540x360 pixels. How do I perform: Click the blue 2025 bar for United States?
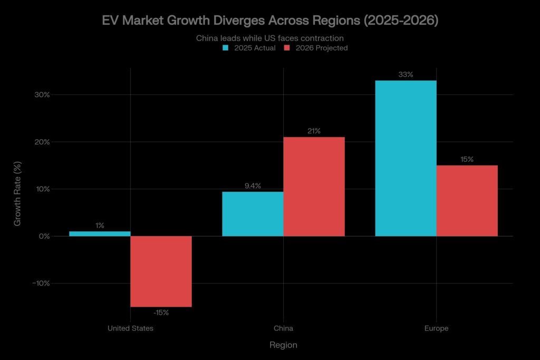click(100, 233)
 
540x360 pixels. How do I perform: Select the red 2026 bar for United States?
click(161, 271)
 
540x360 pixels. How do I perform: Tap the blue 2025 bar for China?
click(253, 213)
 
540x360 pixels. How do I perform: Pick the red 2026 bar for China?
click(314, 186)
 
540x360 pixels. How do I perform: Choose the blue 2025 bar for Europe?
click(406, 158)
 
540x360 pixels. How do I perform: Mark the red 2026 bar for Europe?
click(467, 200)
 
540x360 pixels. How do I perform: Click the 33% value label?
click(406, 75)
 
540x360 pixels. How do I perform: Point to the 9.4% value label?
click(252, 186)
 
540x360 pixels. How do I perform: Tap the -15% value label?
click(161, 313)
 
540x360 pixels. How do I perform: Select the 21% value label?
click(314, 131)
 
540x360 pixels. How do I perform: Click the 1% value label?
click(100, 226)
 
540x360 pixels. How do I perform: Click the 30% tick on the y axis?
click(43, 95)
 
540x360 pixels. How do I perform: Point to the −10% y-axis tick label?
click(41, 284)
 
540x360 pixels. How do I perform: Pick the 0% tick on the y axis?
click(44, 236)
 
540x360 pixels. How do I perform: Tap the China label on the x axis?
click(283, 328)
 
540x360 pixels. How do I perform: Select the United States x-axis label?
click(130, 328)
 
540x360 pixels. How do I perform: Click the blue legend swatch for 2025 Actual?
click(226, 48)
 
